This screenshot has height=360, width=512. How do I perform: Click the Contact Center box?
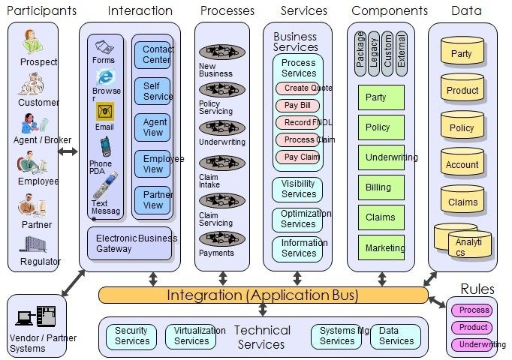tap(152, 54)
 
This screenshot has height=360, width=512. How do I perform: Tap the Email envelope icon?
tap(105, 112)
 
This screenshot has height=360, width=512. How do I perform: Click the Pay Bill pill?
tap(297, 105)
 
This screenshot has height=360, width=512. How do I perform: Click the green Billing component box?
tap(381, 187)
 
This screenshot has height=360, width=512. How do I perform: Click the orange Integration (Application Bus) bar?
tap(262, 295)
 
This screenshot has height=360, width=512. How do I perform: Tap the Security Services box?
tap(131, 336)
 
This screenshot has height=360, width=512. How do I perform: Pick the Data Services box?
tap(396, 336)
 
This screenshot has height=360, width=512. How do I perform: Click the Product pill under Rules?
tap(474, 328)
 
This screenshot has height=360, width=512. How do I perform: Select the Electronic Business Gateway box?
tap(129, 243)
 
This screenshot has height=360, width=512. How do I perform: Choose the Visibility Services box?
tap(297, 189)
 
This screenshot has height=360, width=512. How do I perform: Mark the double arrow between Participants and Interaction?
tap(68, 152)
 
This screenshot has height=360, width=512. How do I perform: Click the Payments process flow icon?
tap(223, 238)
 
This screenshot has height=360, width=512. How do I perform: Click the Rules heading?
tap(477, 289)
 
